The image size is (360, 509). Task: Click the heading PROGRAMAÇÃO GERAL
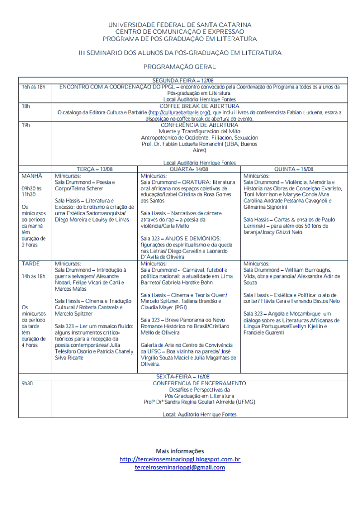[180, 66]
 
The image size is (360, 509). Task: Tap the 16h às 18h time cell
[33, 87]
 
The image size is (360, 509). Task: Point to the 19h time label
[25, 125]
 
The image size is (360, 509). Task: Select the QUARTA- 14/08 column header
[188, 169]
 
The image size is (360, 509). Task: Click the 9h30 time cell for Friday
[27, 384]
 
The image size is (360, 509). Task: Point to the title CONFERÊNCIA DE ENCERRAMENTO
[199, 384]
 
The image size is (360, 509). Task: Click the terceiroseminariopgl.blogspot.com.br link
[180, 459]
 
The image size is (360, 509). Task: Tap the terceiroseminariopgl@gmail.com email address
[180, 467]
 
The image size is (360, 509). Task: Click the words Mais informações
[180, 451]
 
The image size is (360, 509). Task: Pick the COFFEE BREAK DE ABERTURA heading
[199, 106]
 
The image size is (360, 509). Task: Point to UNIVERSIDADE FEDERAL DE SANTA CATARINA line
[180, 25]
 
